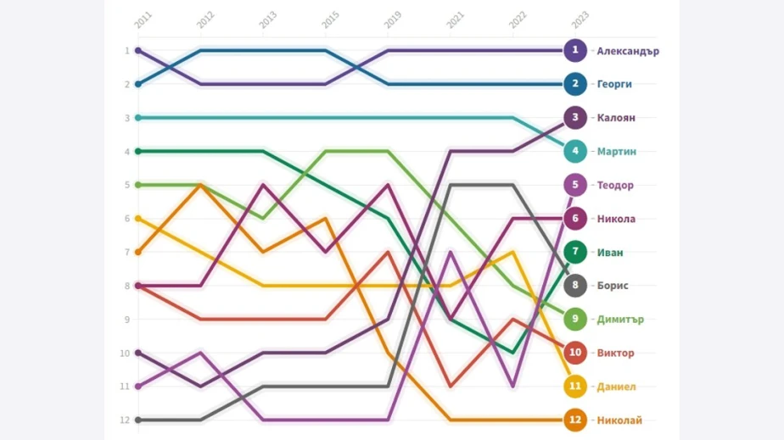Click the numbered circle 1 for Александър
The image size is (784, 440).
[575, 50]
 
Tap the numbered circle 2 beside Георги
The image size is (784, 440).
[575, 84]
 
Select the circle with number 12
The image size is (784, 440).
[575, 420]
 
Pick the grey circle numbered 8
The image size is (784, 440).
[575, 286]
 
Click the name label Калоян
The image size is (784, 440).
[615, 118]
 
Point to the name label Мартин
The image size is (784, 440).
[616, 152]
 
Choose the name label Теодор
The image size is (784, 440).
[615, 185]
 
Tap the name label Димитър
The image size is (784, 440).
[619, 320]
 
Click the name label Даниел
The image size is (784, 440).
[616, 387]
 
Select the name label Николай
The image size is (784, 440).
[619, 420]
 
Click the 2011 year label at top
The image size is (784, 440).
[141, 20]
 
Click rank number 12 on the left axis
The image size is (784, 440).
[125, 420]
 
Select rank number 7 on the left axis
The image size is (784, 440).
[126, 253]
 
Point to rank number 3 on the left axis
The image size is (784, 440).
[126, 118]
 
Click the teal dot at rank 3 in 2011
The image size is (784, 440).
[138, 118]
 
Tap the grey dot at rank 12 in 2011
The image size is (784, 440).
[138, 420]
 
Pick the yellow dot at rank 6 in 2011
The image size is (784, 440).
[138, 219]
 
